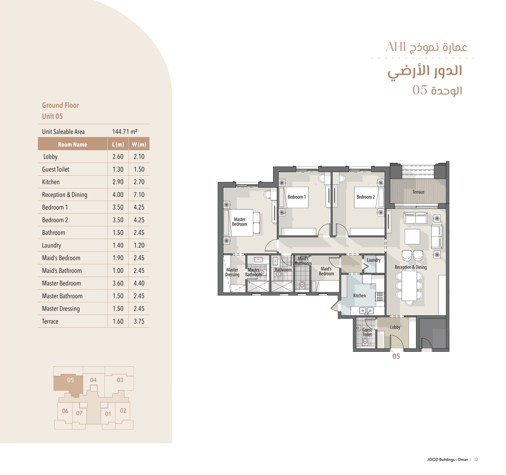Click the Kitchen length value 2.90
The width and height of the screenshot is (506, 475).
[118, 182]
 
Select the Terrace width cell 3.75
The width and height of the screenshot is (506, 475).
[139, 321]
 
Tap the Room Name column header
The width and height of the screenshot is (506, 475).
[73, 144]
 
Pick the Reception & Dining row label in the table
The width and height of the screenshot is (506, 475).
[65, 195]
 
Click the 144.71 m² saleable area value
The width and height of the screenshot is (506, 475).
[125, 132]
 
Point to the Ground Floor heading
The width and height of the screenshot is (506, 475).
[61, 105]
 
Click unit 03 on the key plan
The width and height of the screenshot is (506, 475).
[120, 380]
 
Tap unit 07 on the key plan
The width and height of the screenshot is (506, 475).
[79, 413]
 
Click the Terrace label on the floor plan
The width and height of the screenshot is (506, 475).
[418, 192]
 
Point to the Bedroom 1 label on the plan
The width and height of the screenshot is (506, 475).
[296, 197]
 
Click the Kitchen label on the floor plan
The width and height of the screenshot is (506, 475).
[359, 296]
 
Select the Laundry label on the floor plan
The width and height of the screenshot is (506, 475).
[373, 260]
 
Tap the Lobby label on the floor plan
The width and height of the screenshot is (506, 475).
[395, 327]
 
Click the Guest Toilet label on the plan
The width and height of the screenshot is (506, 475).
[367, 332]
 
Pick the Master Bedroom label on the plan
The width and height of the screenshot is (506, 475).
[240, 222]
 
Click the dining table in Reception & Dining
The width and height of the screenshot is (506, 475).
[409, 286]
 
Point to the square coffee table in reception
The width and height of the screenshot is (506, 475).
[412, 236]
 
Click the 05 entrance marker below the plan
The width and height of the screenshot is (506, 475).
[396, 356]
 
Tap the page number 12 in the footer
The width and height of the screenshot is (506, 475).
[476, 459]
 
